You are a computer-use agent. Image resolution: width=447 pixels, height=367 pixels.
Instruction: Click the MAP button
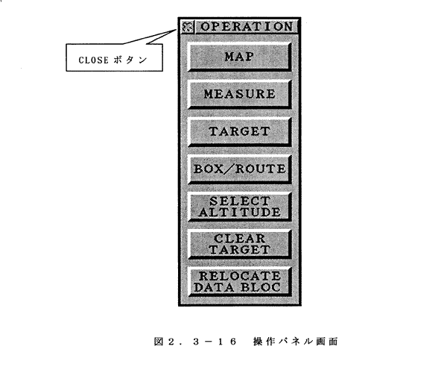[240, 57]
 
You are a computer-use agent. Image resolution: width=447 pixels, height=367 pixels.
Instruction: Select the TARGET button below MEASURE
[240, 131]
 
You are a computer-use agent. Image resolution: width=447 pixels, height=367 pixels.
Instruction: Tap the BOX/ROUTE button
[240, 169]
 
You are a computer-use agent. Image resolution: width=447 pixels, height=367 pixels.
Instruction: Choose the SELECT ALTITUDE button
[240, 207]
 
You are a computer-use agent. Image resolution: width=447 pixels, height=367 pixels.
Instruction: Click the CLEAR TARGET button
[240, 244]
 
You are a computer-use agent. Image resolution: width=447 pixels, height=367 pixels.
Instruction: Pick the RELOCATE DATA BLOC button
[240, 282]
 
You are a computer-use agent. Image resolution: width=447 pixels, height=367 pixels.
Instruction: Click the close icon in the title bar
[187, 27]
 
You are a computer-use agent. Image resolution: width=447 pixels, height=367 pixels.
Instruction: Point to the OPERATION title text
[247, 27]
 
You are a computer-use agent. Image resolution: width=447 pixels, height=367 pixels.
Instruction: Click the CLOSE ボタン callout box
[114, 57]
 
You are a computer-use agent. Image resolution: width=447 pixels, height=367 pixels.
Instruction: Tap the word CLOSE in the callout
[89, 60]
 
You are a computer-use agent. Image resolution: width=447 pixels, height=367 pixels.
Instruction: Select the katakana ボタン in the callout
[130, 60]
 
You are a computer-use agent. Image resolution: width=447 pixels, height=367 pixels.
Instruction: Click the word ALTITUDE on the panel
[239, 213]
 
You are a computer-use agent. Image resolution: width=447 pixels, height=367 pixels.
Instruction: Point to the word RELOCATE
[239, 276]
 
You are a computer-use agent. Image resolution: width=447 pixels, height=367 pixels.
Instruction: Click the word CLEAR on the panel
[239, 239]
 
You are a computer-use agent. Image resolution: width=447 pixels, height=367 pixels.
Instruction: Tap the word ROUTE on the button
[260, 169]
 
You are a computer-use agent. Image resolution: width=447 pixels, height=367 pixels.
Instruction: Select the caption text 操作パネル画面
[295, 342]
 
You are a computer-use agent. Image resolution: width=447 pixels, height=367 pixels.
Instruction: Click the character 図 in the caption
[158, 342]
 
